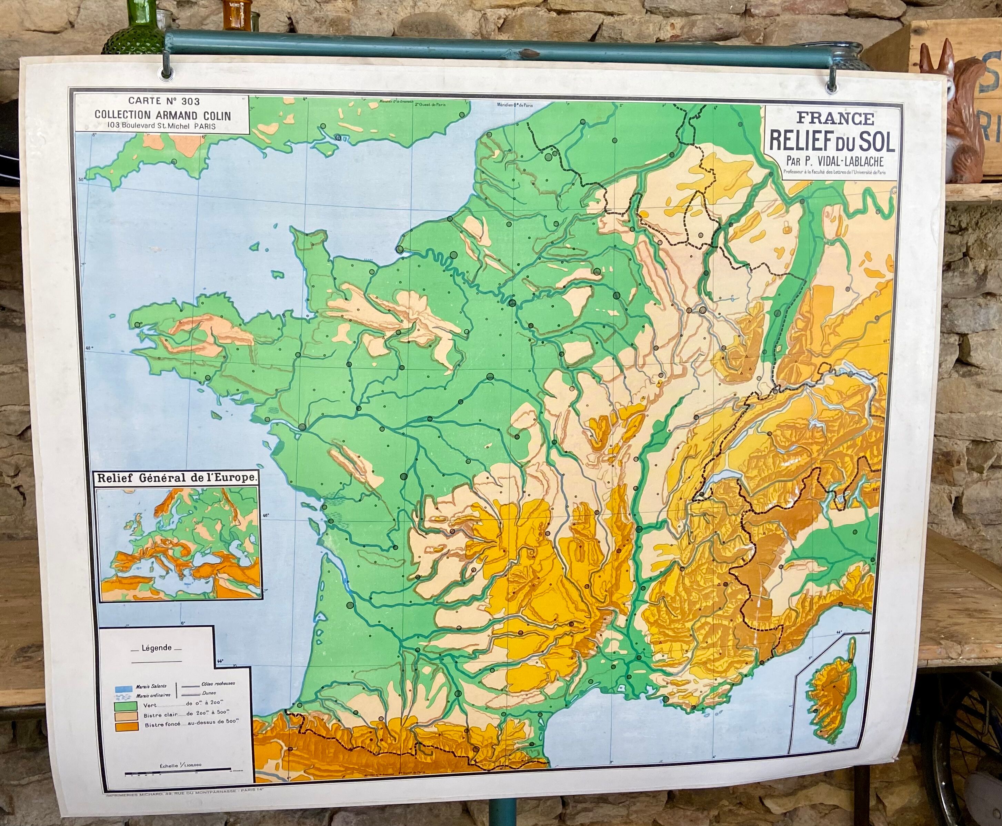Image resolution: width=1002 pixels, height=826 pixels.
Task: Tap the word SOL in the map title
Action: point(875,141)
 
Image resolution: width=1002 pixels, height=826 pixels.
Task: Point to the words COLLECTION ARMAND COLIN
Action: point(163,115)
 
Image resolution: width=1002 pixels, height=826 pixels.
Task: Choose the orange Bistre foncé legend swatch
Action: point(126,726)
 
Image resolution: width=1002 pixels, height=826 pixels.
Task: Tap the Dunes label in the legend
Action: point(209,693)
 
